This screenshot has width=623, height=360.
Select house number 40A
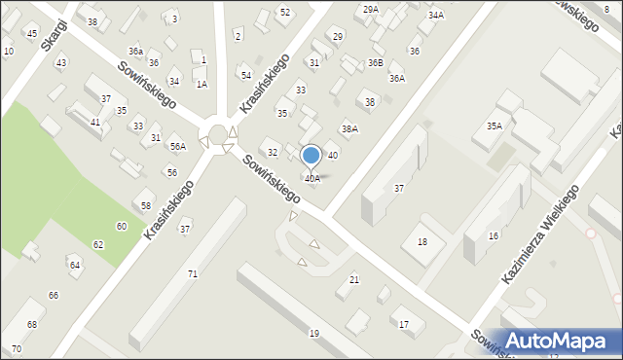point(311,179)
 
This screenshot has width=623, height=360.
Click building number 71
point(193,274)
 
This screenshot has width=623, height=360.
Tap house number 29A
point(370,9)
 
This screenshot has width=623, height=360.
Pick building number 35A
point(495,126)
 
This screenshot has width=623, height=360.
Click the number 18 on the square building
point(421,241)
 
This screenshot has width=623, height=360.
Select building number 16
point(494,236)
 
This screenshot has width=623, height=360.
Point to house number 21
point(353,280)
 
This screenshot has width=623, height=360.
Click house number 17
point(404,324)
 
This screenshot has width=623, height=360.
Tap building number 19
point(313,334)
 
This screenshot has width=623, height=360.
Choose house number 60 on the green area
point(122,226)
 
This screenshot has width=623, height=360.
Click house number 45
point(32,34)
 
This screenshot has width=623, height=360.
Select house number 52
point(284,12)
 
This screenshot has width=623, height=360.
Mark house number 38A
point(349,128)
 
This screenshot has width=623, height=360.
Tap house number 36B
point(375,62)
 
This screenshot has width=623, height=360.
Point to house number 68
point(32,324)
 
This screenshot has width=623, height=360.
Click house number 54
point(246,75)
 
